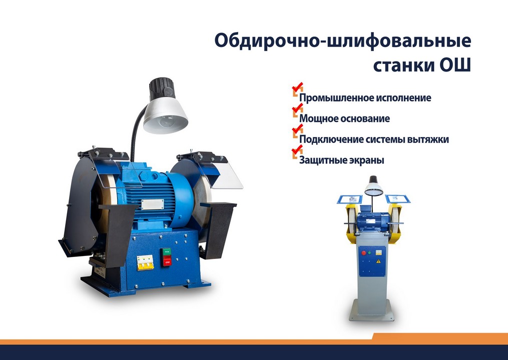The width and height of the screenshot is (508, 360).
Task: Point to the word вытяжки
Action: click(x=427, y=139)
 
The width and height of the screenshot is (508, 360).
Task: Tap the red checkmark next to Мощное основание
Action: click(x=297, y=108)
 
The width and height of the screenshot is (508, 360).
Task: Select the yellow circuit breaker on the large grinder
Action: click(x=145, y=262)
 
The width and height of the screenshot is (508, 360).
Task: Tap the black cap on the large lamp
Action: click(x=161, y=88)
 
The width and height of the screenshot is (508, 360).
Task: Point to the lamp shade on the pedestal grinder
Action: click(x=373, y=189)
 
